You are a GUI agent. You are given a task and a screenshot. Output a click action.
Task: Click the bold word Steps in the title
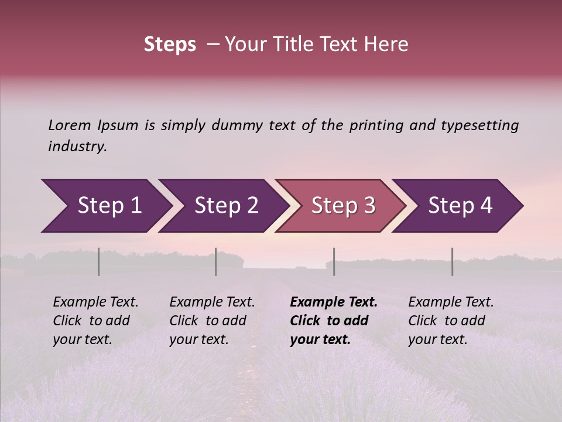pyautogui.click(x=170, y=45)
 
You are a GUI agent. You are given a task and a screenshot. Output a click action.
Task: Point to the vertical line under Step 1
pyautogui.click(x=99, y=261)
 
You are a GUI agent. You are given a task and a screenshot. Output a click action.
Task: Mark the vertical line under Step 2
pyautogui.click(x=216, y=261)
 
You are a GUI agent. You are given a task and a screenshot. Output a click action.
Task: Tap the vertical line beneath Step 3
pyautogui.click(x=334, y=261)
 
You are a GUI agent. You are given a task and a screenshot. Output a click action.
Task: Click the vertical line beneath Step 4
pyautogui.click(x=453, y=261)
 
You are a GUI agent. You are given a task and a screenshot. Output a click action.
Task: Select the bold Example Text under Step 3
pyautogui.click(x=334, y=302)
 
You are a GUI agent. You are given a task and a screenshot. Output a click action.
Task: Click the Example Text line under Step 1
pyautogui.click(x=95, y=302)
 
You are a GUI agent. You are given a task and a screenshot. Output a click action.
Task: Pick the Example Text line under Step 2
pyautogui.click(x=212, y=302)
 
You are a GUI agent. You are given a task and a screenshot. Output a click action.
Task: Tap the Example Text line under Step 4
pyautogui.click(x=451, y=302)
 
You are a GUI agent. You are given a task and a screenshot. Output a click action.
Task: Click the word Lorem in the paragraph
pyautogui.click(x=70, y=125)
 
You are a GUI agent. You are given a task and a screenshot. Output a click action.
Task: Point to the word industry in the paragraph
pyautogui.click(x=77, y=147)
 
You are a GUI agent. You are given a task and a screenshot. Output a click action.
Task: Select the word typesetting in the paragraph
pyautogui.click(x=479, y=125)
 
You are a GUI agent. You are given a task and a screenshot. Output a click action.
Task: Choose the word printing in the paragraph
pyautogui.click(x=375, y=125)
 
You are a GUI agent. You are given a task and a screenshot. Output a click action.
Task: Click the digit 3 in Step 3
pyautogui.click(x=369, y=206)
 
